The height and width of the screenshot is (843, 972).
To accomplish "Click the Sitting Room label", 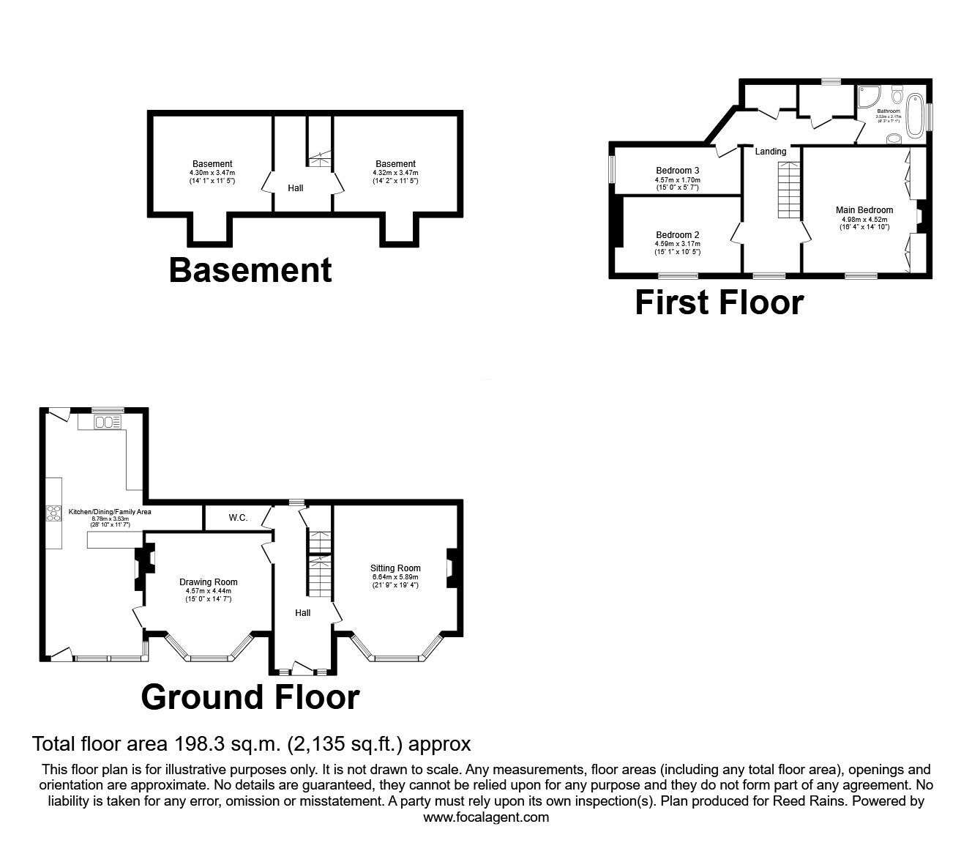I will pos(395,568).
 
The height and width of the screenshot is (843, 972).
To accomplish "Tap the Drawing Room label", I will pos(209,582).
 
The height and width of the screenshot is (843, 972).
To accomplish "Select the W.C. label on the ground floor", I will pos(238,518).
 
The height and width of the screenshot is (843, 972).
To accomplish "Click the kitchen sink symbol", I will pos(108,422).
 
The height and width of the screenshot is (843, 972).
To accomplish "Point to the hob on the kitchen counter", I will pos(53,513).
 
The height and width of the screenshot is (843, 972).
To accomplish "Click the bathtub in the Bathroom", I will pos(915,114).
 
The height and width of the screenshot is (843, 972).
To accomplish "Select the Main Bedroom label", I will pos(864,210).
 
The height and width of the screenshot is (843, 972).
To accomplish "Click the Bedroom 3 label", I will pos(677,171).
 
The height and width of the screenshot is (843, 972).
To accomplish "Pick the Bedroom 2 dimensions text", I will pos(677,248).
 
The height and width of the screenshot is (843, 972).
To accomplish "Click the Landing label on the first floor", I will pos(771,152).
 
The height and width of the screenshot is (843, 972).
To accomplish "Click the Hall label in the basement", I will pos(296,188).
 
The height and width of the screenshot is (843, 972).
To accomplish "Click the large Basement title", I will pos(250,270).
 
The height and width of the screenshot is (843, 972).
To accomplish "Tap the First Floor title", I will pos(719,302).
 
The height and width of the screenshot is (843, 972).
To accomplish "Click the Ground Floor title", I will pos(250,697).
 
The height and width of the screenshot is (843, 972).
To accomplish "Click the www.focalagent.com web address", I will pos(486,817).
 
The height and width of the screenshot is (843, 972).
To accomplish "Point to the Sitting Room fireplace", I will pos(452,568).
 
